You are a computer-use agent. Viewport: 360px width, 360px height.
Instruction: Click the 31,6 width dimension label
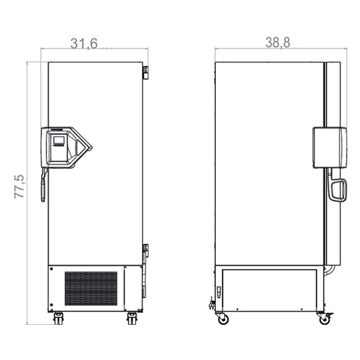tap(84, 44)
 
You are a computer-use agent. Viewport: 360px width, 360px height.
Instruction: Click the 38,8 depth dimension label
tap(278, 43)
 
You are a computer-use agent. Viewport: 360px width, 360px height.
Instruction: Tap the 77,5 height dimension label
tap(20, 186)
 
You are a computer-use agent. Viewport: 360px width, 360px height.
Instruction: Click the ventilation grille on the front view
tap(91, 288)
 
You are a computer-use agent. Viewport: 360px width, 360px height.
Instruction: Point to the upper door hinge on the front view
tap(146, 72)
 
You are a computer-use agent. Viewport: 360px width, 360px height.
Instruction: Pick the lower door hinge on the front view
tap(146, 251)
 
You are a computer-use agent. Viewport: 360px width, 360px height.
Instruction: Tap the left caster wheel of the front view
tap(58, 319)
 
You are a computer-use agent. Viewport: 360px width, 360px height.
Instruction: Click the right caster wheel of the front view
tap(132, 319)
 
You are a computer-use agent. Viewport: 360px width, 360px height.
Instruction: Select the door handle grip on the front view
tap(43, 185)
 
